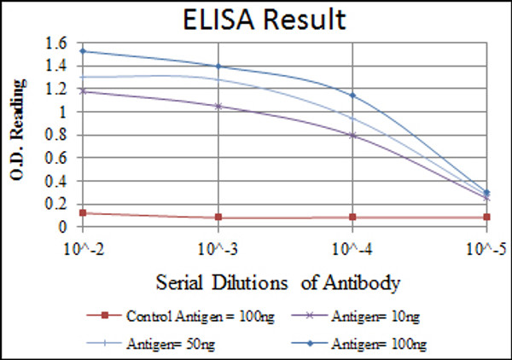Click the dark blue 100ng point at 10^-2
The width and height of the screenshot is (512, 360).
click(83, 51)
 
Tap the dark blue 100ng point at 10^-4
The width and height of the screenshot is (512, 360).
click(352, 95)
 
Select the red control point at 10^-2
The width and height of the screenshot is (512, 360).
click(83, 212)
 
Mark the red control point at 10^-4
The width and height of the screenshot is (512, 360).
click(352, 217)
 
